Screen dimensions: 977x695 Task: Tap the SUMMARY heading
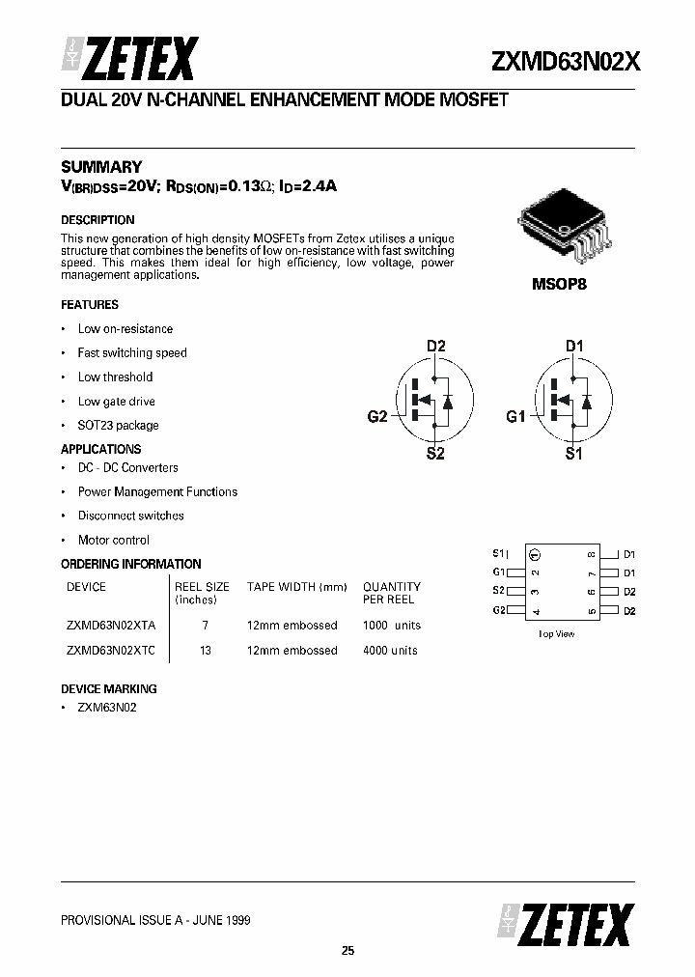101,166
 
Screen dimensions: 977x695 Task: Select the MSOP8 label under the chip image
559,285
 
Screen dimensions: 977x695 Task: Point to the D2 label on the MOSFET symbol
436,346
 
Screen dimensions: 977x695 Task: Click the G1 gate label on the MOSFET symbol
515,417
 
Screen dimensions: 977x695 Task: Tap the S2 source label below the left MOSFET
435,454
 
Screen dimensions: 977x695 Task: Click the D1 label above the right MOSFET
574,346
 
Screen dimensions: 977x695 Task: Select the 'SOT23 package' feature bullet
118,425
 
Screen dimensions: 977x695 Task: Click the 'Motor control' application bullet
113,540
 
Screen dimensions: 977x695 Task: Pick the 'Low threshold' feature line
115,377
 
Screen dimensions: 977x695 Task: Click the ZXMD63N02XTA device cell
111,625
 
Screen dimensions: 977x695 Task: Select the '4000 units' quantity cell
390,650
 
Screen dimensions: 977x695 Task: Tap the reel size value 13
206,650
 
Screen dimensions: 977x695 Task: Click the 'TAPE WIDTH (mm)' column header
296,586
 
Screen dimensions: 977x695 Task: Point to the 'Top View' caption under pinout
556,633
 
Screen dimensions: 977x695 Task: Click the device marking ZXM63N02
107,708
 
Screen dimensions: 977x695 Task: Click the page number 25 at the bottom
347,951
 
